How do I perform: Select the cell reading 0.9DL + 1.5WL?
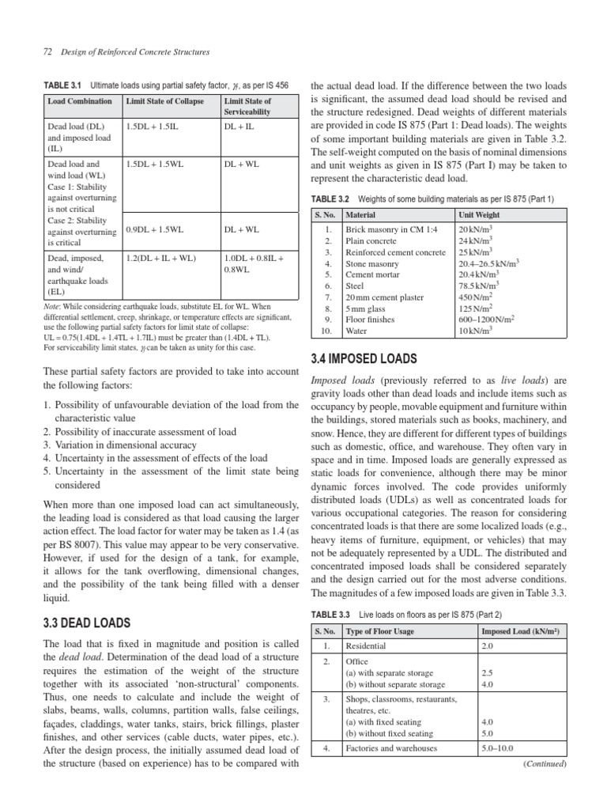click(x=155, y=229)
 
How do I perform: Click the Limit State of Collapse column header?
click(x=164, y=101)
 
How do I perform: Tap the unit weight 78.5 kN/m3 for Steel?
click(x=479, y=286)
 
